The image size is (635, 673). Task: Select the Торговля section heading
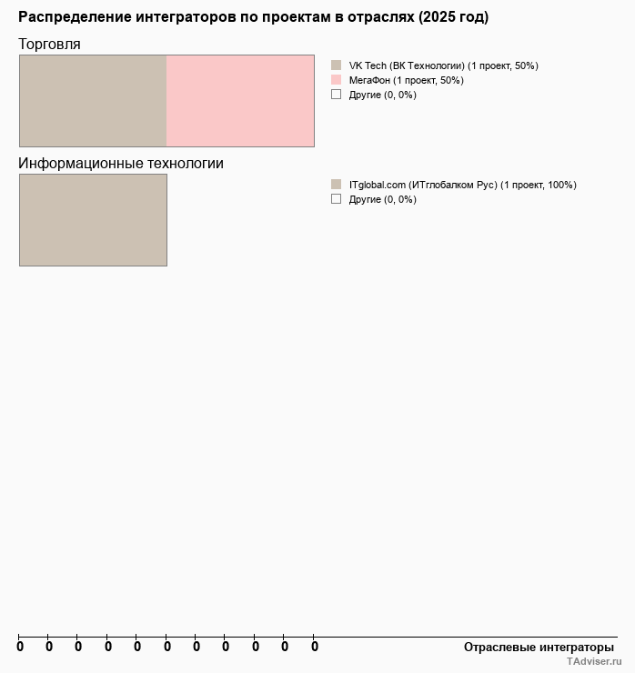coord(49,44)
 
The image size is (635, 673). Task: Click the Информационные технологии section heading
coord(121,164)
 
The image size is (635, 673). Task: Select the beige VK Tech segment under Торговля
coord(93,101)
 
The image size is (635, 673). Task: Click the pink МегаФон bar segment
coord(240,101)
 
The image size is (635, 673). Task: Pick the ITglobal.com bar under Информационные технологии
coord(93,220)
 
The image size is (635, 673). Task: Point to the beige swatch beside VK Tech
coord(336,65)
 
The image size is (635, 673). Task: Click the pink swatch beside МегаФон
coord(336,80)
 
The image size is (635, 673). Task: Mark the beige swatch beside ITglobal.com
coord(336,185)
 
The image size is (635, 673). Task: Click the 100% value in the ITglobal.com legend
coord(561,185)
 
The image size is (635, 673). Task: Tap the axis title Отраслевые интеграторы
coord(539,647)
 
